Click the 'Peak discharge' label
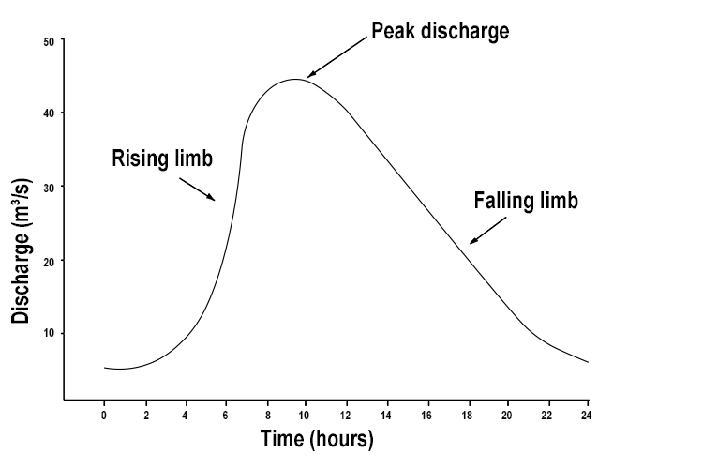440,31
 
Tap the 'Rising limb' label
162,158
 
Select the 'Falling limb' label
526,201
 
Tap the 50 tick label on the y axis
47,40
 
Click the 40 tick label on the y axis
47,113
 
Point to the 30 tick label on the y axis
47,187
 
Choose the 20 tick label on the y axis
47,260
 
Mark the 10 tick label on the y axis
47,333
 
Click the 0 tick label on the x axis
104,414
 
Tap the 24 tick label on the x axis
587,414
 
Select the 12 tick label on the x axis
345,414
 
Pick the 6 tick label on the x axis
225,414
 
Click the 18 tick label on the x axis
466,414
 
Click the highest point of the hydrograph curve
295,79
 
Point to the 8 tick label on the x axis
265,414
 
